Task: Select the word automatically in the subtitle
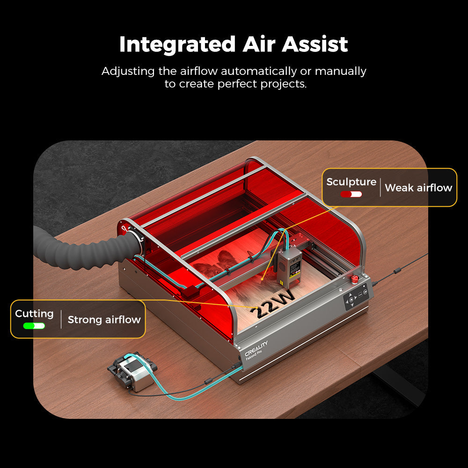259,72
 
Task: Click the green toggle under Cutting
34,326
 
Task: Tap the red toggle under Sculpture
351,194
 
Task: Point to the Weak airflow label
418,188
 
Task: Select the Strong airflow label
104,320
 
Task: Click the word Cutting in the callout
34,314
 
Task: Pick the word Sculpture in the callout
351,182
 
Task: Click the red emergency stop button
355,280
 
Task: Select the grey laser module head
288,267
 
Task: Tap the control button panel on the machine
356,298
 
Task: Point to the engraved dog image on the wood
220,264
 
